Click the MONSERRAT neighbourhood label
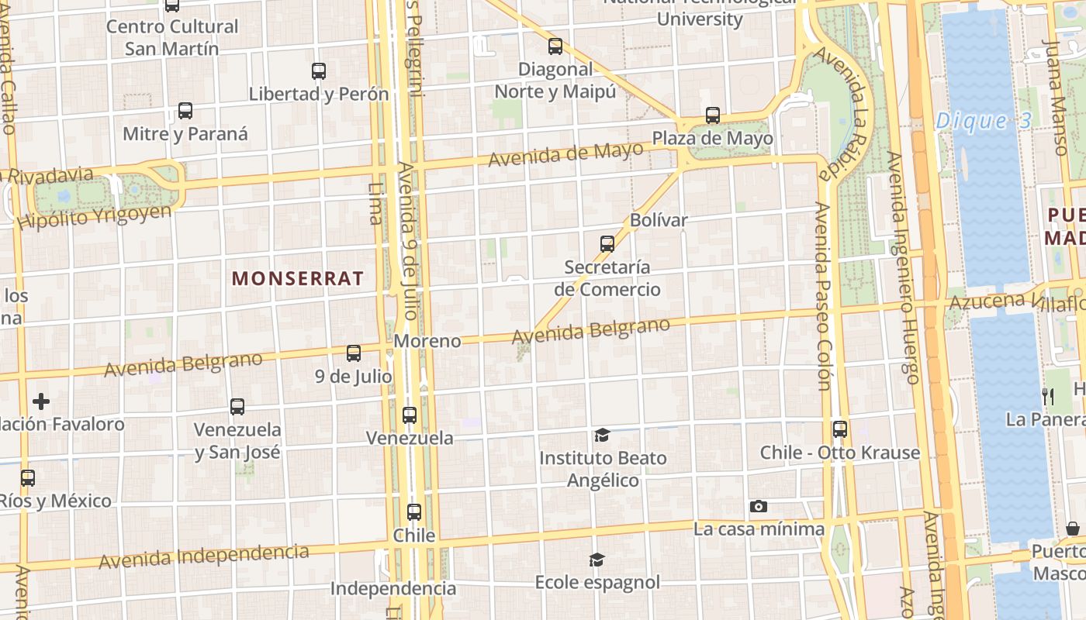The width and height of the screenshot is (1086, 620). pyautogui.click(x=298, y=278)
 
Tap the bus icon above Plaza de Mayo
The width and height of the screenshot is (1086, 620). pyautogui.click(x=713, y=116)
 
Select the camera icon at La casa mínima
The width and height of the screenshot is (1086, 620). pyautogui.click(x=759, y=507)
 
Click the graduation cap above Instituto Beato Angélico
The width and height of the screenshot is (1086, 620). pyautogui.click(x=602, y=436)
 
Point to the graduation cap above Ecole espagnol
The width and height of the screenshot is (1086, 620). pyautogui.click(x=597, y=560)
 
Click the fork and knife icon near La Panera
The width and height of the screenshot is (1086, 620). pyautogui.click(x=1048, y=397)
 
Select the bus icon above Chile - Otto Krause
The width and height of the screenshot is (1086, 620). pyautogui.click(x=839, y=429)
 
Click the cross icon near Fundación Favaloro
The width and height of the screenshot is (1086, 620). pyautogui.click(x=41, y=401)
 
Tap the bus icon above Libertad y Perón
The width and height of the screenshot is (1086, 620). pyautogui.click(x=319, y=71)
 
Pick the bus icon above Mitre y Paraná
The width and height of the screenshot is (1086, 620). pyautogui.click(x=185, y=111)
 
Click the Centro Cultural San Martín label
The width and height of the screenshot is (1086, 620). pyautogui.click(x=172, y=37)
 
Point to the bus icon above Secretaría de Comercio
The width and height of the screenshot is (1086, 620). pyautogui.click(x=607, y=244)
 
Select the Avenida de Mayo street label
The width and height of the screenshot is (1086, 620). pyautogui.click(x=565, y=153)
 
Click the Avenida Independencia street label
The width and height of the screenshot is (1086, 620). pyautogui.click(x=203, y=556)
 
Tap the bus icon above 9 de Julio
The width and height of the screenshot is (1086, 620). pyautogui.click(x=354, y=353)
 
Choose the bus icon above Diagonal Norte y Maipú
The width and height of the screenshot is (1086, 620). pyautogui.click(x=555, y=46)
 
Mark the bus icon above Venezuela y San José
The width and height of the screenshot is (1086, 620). pyautogui.click(x=237, y=407)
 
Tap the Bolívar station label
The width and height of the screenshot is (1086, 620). pyautogui.click(x=659, y=220)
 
